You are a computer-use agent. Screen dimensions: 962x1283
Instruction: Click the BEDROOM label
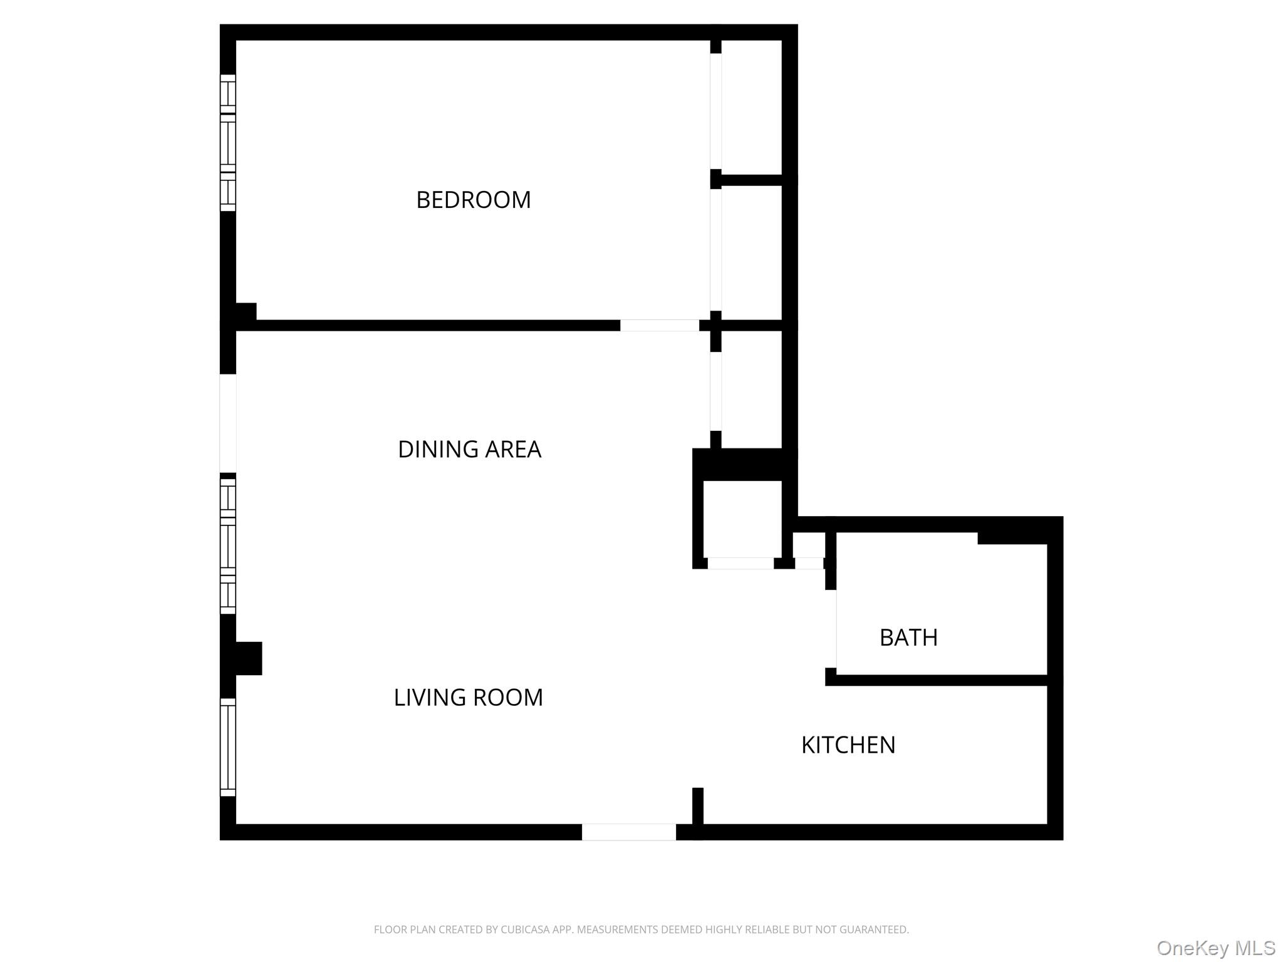click(x=473, y=200)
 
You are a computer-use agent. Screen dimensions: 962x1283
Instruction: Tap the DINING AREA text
click(x=469, y=449)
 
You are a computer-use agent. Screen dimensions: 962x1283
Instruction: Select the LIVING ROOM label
click(x=468, y=697)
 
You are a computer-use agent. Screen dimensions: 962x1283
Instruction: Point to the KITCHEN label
click(x=848, y=745)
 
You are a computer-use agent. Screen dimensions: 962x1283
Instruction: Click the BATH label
click(x=908, y=638)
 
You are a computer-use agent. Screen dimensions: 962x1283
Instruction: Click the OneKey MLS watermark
click(x=1215, y=948)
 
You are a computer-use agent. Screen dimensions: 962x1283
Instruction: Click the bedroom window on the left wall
click(x=228, y=143)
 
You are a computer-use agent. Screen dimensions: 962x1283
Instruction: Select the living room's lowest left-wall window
click(x=228, y=747)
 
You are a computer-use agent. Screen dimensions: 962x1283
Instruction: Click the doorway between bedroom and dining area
click(x=659, y=325)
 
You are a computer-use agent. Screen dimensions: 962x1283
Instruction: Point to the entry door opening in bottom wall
click(x=628, y=832)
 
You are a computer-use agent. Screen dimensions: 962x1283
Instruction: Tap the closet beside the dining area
click(x=751, y=388)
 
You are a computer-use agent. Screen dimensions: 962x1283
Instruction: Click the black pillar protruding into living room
click(x=248, y=658)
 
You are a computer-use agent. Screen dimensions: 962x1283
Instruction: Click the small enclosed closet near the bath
click(x=742, y=519)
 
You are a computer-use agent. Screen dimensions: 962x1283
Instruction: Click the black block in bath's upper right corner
click(x=1012, y=537)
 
